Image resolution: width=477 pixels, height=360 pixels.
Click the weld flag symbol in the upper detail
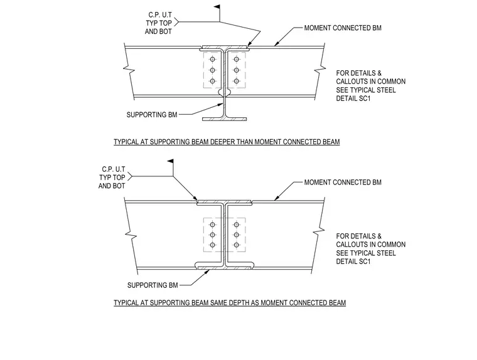tap(217, 7)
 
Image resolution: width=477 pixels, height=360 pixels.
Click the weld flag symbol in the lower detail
tap(170, 161)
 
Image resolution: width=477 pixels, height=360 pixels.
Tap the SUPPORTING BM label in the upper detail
tap(152, 115)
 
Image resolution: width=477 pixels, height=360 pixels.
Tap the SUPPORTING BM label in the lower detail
tap(153, 285)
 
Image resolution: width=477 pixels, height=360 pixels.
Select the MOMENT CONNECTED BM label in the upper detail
tap(343, 28)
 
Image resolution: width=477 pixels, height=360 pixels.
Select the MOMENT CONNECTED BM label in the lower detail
tap(343, 183)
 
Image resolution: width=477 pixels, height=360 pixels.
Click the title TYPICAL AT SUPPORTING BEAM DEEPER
tap(227, 142)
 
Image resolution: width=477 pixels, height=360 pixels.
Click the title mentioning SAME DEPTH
tap(230, 303)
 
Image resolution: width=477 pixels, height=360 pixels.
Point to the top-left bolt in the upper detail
tap(213, 59)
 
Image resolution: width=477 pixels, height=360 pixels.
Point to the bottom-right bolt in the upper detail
tap(237, 81)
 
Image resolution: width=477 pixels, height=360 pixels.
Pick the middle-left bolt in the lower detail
tap(213, 235)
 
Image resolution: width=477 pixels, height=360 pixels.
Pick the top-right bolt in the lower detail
tap(237, 225)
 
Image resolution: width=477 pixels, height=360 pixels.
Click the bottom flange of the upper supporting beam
tap(225, 119)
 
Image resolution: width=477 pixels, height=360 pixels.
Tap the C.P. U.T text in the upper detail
tap(160, 15)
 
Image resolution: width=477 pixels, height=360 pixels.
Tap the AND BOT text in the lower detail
tap(112, 186)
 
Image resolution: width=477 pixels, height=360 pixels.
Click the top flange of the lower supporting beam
tap(225, 202)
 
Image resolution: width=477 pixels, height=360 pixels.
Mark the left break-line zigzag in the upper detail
tap(129, 70)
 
